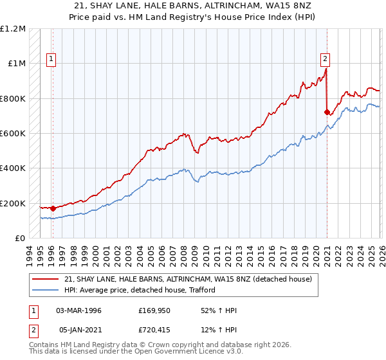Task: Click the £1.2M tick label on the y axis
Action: (13, 29)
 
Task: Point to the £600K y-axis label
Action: (13, 134)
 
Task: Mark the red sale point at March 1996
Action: (53, 208)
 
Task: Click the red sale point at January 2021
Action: (327, 112)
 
